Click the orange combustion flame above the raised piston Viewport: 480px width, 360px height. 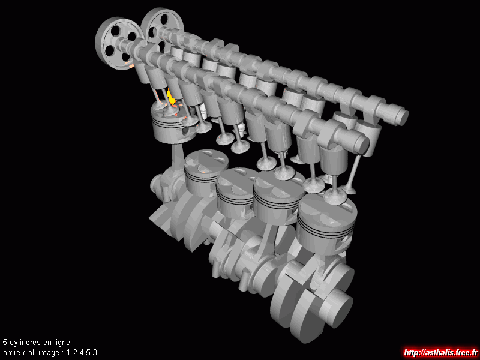pyautogui.click(x=170, y=97)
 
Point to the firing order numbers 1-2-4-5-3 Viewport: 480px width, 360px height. pyautogui.click(x=82, y=352)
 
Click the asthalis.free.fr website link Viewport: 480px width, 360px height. pyautogui.click(x=441, y=353)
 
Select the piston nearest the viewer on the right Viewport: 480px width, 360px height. pyautogui.click(x=326, y=223)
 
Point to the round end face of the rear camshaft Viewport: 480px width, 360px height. pyautogui.click(x=403, y=117)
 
